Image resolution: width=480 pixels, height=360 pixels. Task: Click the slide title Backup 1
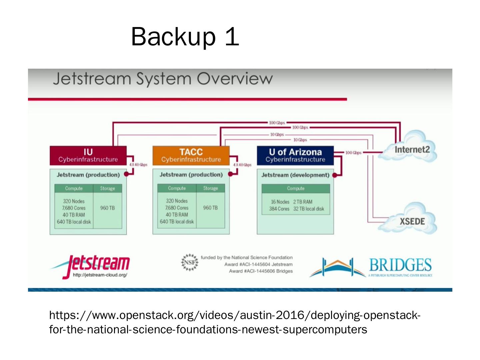click(x=185, y=36)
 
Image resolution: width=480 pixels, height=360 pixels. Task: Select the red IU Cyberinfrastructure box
click(x=88, y=155)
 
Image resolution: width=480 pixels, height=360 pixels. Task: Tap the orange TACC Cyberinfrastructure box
click(x=191, y=155)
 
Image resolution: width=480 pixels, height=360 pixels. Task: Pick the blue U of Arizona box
click(x=295, y=155)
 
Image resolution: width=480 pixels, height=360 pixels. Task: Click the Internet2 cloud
click(x=412, y=150)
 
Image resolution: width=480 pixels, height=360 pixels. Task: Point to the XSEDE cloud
click(x=412, y=221)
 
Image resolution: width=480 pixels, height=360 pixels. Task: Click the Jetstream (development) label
click(x=295, y=175)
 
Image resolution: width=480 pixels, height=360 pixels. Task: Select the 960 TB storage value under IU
click(x=107, y=208)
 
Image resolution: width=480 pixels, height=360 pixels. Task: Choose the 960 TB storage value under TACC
click(x=210, y=208)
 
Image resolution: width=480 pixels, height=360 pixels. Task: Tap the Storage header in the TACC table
click(x=210, y=188)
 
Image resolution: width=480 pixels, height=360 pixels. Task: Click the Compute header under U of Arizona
click(x=296, y=188)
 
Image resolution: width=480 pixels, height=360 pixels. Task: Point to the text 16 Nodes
click(x=280, y=202)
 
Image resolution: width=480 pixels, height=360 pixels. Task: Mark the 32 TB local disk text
click(x=309, y=209)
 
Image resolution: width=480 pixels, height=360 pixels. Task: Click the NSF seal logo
click(x=189, y=262)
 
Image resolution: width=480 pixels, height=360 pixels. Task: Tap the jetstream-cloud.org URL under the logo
click(x=100, y=275)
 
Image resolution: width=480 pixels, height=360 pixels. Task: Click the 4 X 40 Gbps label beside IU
click(x=138, y=165)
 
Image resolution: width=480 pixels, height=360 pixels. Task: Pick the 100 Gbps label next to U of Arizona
click(x=353, y=153)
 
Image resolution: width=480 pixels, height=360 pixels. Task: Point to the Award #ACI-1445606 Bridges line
click(x=261, y=271)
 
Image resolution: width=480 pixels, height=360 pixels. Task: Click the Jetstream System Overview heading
click(x=163, y=79)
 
